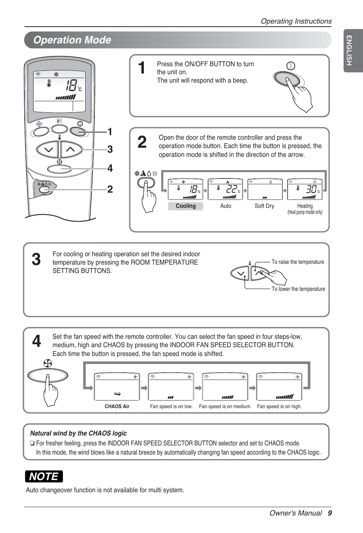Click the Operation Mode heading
click(x=72, y=40)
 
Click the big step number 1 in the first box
click(x=142, y=68)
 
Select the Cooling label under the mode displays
click(x=186, y=206)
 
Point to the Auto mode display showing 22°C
click(x=225, y=189)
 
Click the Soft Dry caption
click(x=264, y=206)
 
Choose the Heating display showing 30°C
click(x=305, y=189)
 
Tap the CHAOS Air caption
click(x=117, y=407)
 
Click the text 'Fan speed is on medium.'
click(x=225, y=407)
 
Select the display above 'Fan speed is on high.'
click(x=279, y=386)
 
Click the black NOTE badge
click(x=44, y=476)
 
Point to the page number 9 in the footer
click(x=330, y=513)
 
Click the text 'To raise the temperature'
click(x=298, y=262)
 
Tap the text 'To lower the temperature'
click(x=298, y=289)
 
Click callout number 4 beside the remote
click(x=110, y=168)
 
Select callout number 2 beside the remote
click(x=110, y=189)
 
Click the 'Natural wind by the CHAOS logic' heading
click(x=78, y=433)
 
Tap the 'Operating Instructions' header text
click(x=296, y=21)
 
